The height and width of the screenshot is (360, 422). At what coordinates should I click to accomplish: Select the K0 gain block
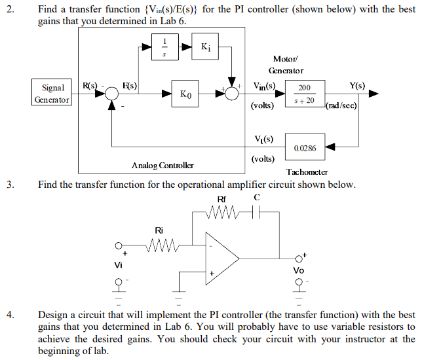click(186, 94)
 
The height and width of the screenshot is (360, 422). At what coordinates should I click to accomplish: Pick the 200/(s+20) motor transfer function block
click(305, 94)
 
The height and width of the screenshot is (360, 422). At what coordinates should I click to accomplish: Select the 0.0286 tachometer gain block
click(305, 148)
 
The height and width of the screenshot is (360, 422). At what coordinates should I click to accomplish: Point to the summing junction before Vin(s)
click(231, 94)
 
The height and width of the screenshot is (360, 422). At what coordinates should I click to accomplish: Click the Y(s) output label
click(358, 85)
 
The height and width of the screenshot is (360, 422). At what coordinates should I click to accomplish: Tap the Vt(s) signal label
click(263, 139)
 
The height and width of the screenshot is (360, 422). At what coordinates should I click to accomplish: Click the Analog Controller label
click(157, 166)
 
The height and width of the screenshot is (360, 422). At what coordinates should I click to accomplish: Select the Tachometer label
click(307, 172)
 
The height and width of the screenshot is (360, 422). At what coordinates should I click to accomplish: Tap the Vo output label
click(298, 269)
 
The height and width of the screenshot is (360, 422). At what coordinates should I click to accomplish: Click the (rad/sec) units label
click(341, 104)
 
